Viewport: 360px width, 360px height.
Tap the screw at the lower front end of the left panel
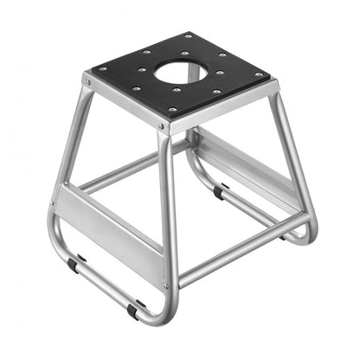click(x=167, y=285)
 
